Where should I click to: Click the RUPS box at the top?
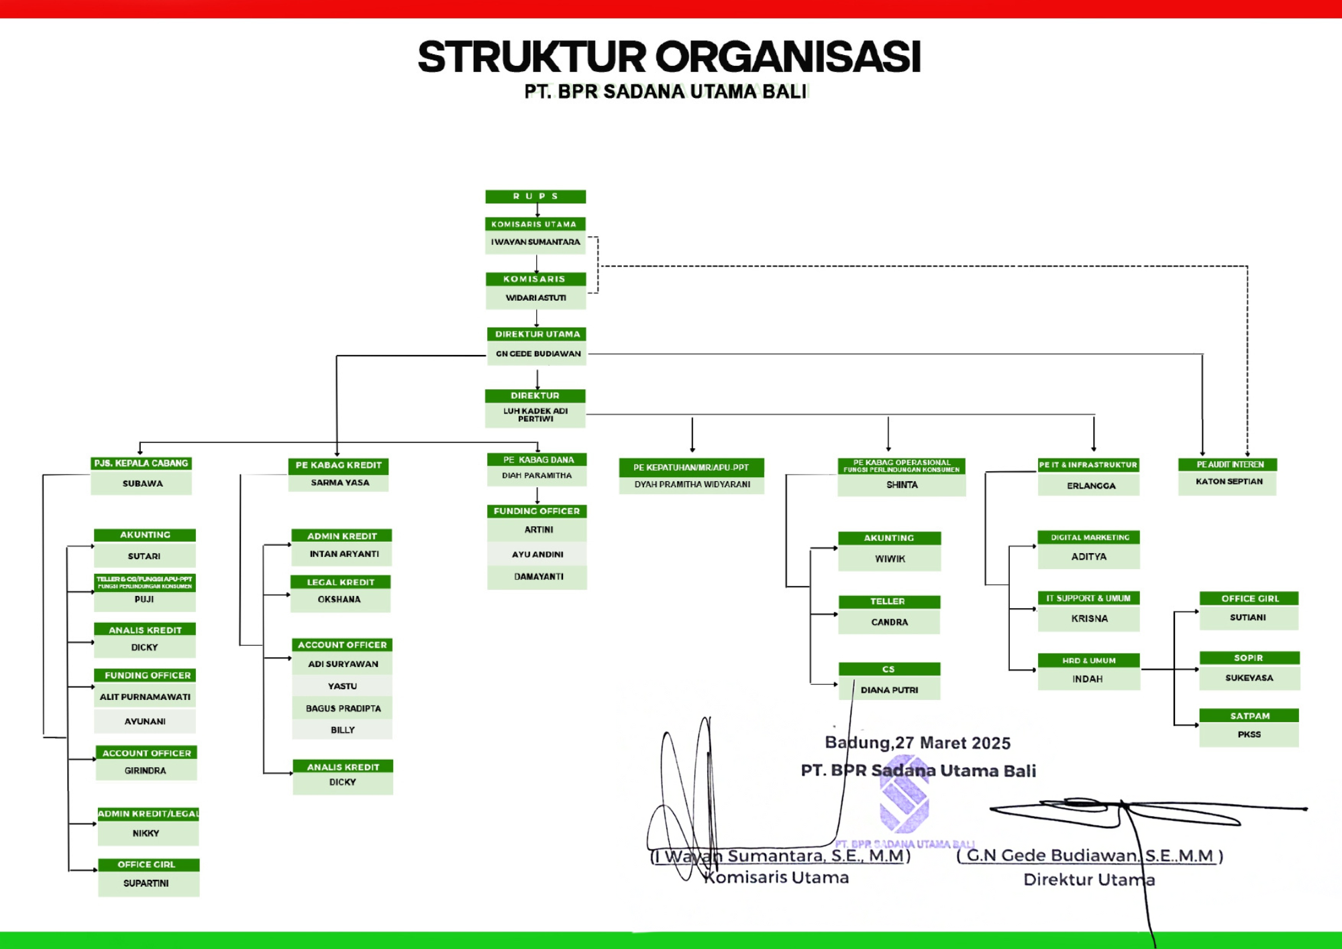535,196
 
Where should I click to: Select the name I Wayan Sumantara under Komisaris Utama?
535,242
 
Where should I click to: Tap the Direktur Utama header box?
537,334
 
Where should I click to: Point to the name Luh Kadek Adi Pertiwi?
535,415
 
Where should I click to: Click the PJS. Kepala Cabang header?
141,463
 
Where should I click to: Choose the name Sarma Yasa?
340,483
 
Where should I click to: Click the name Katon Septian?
1229,482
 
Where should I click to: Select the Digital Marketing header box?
1090,538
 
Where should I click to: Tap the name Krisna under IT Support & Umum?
1089,619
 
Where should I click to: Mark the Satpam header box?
1249,716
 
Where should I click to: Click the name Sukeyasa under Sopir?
1249,678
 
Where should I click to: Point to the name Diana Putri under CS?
889,690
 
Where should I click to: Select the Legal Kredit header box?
340,582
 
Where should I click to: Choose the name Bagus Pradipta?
343,709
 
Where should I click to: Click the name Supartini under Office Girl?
146,883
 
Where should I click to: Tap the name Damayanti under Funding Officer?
538,577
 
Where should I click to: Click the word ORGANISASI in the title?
788,57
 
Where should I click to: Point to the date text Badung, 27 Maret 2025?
917,743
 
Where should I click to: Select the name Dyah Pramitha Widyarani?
692,485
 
